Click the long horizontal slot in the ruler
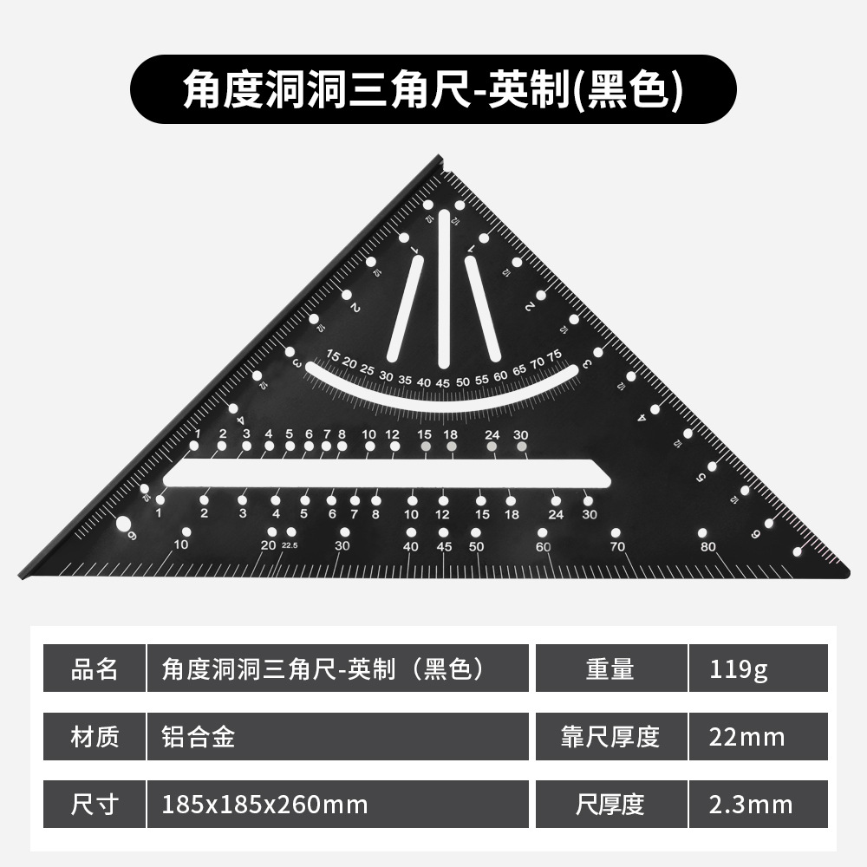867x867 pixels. [x=386, y=473]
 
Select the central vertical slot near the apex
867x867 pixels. [x=444, y=286]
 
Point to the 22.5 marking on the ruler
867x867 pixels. [x=290, y=544]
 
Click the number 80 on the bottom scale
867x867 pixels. [x=708, y=546]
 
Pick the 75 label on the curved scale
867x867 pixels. [x=555, y=354]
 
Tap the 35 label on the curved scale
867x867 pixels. [x=405, y=378]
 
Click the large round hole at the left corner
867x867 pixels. [x=123, y=524]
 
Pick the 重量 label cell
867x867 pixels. [x=610, y=668]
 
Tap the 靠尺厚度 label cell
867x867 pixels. [x=610, y=737]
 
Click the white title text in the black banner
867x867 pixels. [x=433, y=90]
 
